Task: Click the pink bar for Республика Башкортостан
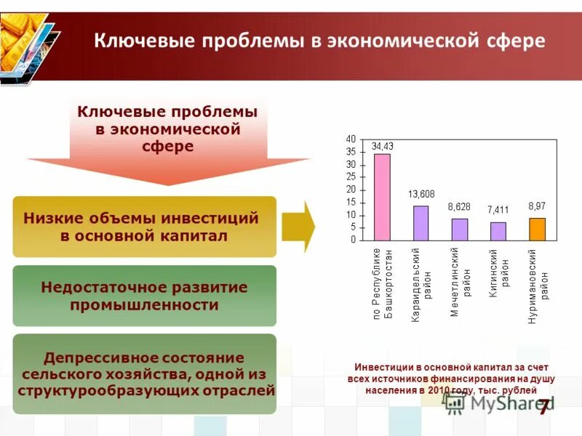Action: pos(382,196)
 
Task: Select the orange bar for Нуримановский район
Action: pos(537,229)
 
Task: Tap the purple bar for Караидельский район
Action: pos(420,222)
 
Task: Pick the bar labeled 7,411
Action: pos(498,231)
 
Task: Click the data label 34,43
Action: pos(382,146)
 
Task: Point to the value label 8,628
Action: pos(459,206)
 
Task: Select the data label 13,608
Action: pos(420,194)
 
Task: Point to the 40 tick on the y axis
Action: pos(351,139)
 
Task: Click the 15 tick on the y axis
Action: pos(351,202)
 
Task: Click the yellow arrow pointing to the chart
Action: pos(298,227)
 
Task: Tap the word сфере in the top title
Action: pos(514,41)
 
